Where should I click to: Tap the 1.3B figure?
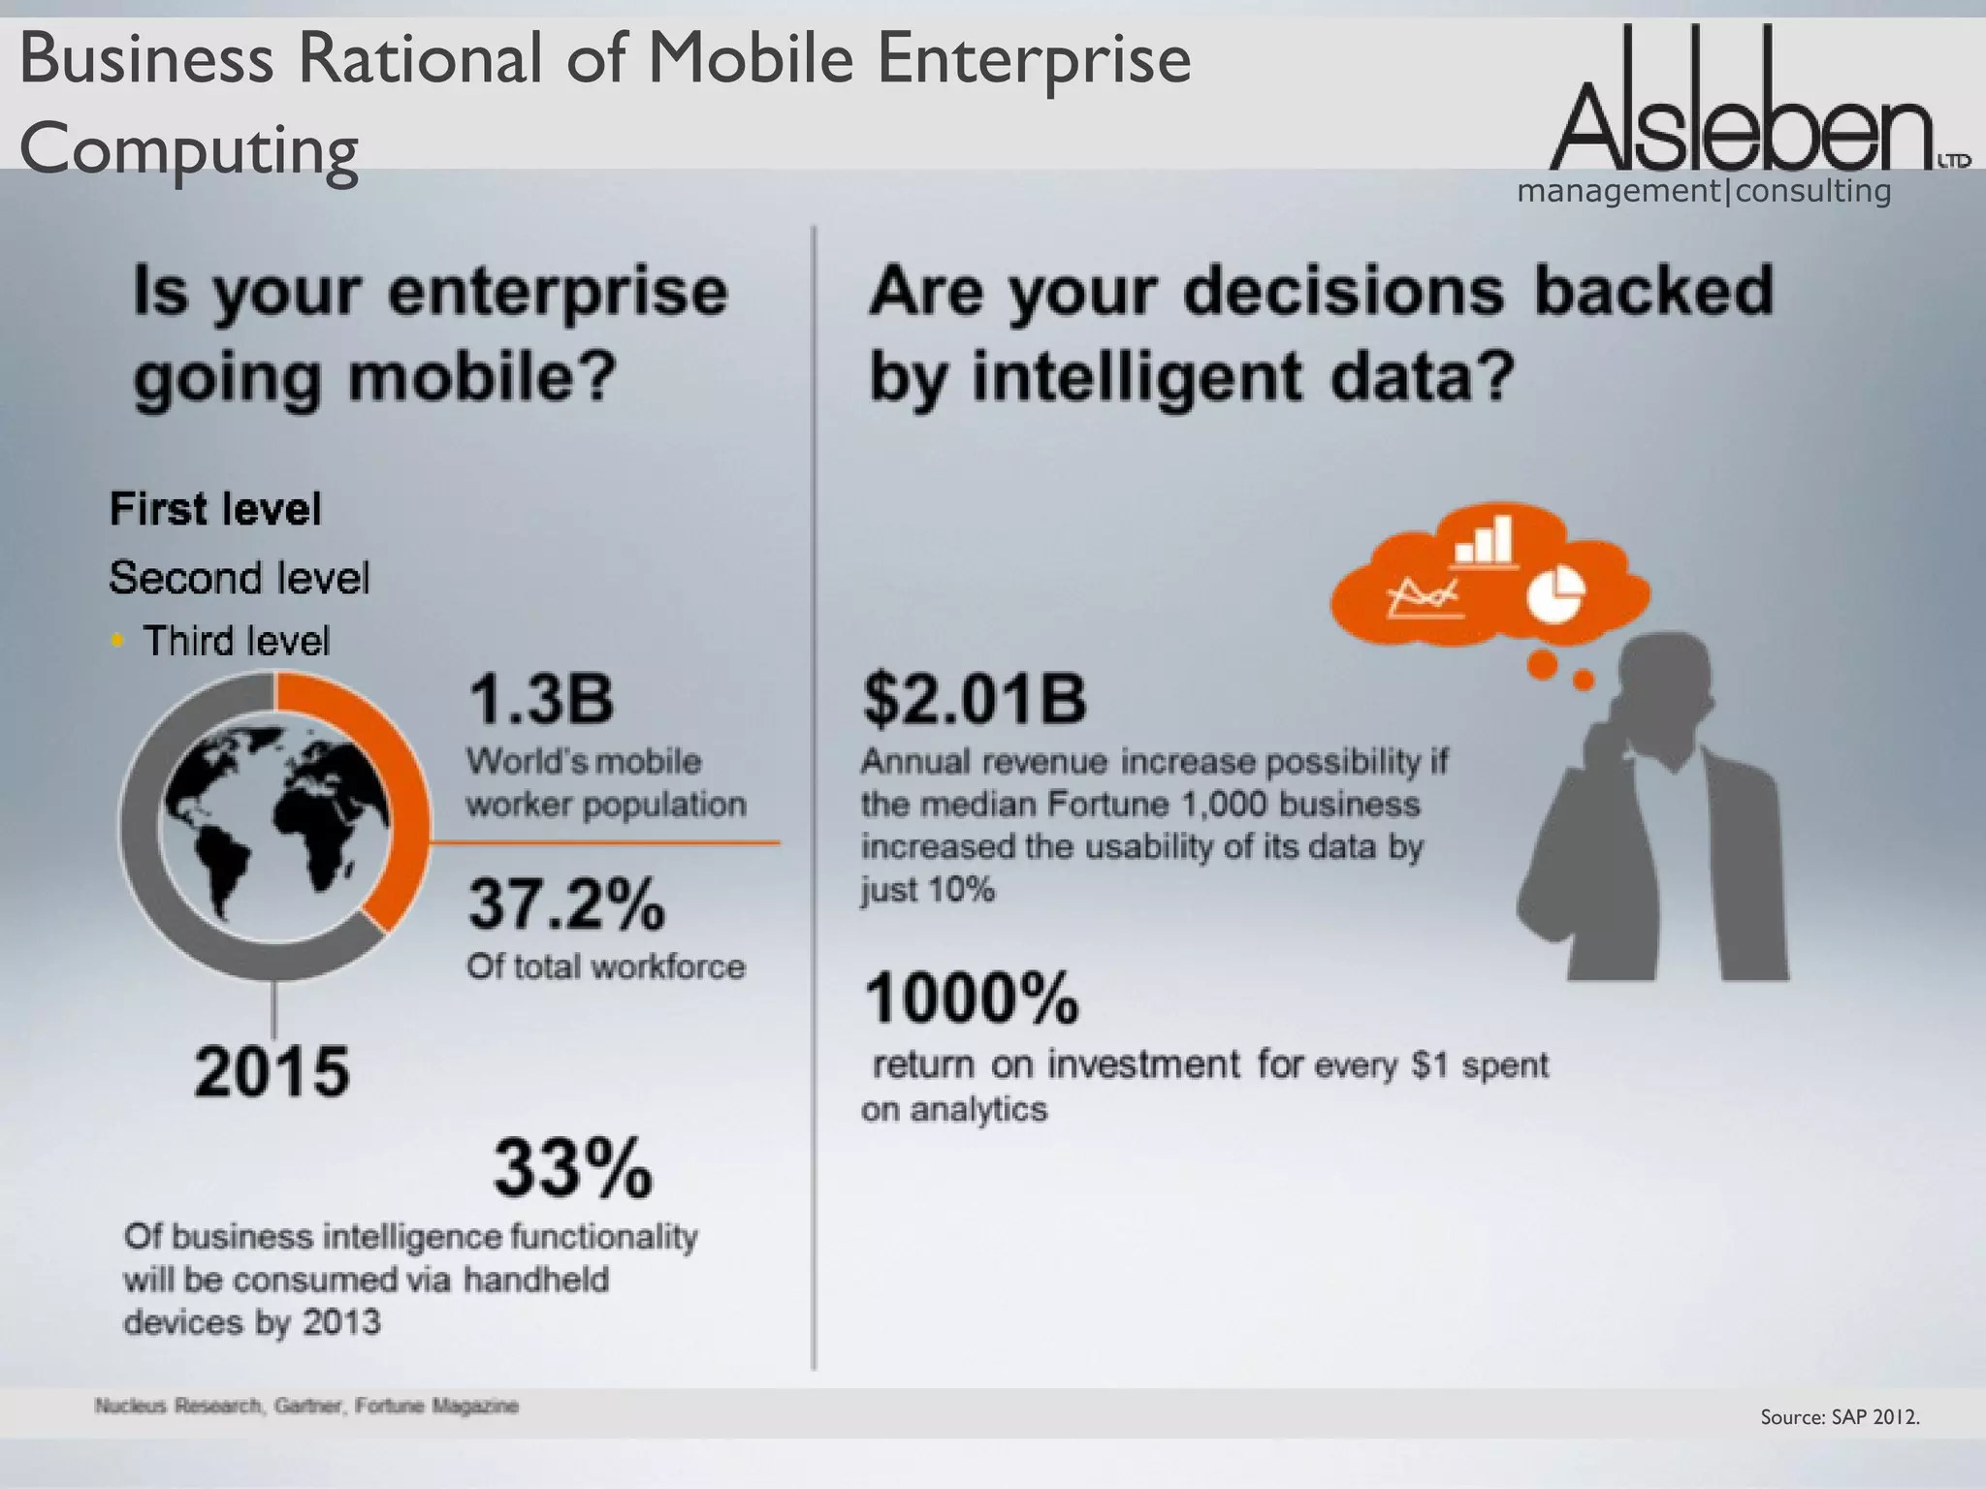point(541,700)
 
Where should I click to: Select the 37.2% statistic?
point(567,903)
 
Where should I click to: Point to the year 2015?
point(272,1072)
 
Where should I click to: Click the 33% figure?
point(573,1169)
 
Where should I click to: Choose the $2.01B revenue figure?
point(975,700)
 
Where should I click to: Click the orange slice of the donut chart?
point(388,795)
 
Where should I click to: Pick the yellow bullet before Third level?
point(117,640)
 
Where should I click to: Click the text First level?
point(215,510)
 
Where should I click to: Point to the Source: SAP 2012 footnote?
point(1840,1417)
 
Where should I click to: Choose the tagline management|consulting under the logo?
point(1704,191)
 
